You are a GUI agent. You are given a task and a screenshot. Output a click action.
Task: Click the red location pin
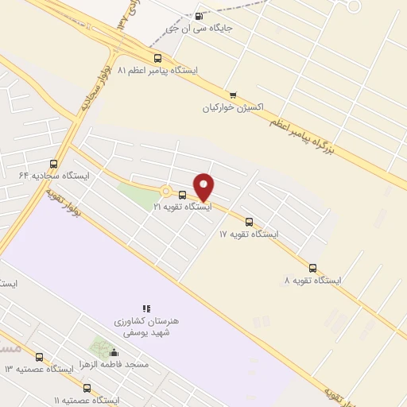204,186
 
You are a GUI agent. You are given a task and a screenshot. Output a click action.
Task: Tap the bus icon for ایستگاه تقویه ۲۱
182,195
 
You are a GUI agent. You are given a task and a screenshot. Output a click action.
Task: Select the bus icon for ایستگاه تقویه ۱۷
249,222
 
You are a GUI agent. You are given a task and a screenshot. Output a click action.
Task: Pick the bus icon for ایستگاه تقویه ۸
312,268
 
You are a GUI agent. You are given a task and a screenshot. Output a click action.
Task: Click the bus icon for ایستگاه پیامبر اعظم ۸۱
157,58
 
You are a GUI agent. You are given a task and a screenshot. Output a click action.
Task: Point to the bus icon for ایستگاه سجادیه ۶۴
53,164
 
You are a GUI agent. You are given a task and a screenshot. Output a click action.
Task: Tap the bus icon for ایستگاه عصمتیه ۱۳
39,357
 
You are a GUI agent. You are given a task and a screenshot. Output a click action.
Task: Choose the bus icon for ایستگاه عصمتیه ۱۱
87,388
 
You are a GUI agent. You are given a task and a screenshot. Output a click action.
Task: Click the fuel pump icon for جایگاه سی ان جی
198,16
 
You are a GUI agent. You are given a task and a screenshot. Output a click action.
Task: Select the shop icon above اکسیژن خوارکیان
232,95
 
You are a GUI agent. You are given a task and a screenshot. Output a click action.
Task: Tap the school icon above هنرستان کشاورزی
146,308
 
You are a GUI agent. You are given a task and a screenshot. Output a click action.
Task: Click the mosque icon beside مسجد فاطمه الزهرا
114,353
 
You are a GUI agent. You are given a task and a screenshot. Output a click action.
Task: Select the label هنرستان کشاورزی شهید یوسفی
146,326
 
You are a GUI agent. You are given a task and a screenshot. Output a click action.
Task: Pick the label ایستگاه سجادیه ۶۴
55,175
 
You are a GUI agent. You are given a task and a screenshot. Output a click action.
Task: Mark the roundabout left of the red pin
165,191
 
